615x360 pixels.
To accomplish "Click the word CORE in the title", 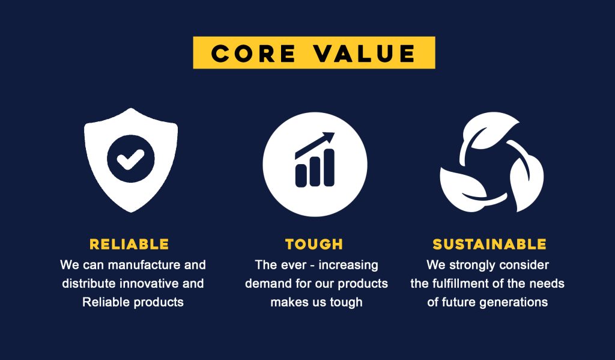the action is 253,53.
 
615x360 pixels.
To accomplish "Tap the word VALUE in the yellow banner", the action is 365,53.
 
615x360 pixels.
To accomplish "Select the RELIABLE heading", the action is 129,244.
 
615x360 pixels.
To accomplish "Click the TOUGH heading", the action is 314,244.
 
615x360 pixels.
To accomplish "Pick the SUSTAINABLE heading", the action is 489,244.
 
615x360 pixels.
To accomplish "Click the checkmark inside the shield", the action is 130,159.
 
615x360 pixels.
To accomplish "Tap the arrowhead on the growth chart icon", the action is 327,138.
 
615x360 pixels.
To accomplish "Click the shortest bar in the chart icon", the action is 301,175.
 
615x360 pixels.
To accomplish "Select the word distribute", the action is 89,284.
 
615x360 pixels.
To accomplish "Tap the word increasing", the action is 348,266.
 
